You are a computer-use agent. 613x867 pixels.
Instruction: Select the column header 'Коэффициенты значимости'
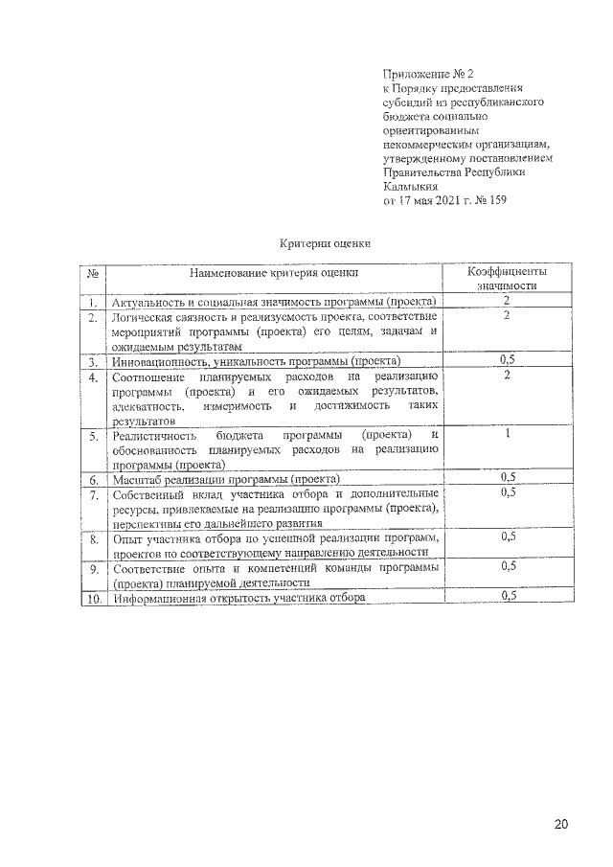point(507,279)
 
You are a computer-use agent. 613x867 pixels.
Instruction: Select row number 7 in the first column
point(94,495)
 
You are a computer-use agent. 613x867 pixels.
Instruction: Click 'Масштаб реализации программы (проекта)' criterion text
point(226,478)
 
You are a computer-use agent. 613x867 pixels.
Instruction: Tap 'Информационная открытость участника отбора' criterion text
point(239,598)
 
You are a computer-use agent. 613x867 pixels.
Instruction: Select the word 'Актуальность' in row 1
point(148,303)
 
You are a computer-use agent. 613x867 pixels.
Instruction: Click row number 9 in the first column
point(94,569)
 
